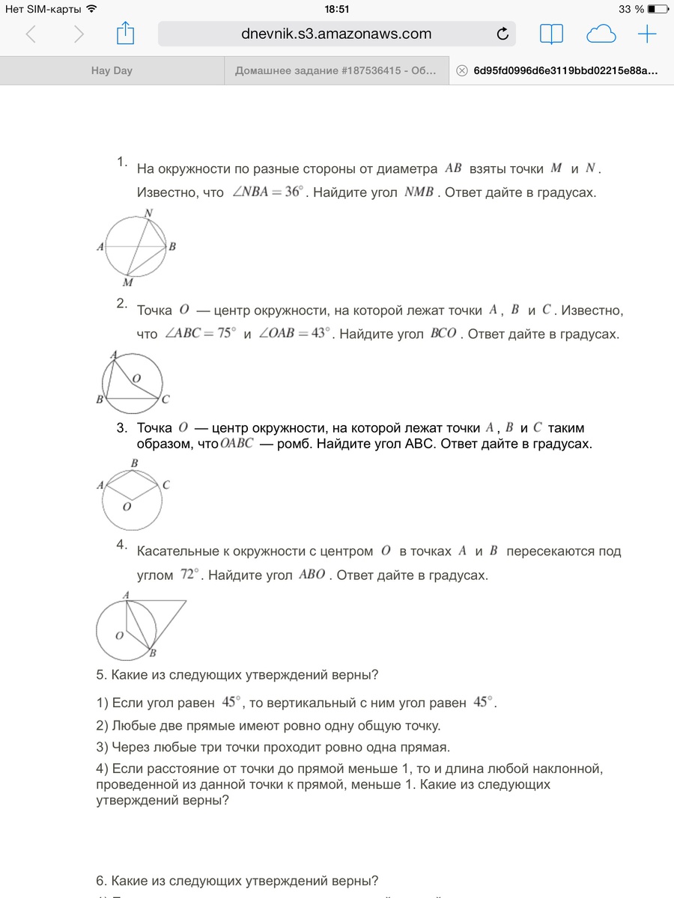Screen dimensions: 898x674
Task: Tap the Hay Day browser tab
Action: [x=112, y=71]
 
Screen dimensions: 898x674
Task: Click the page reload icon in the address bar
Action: [x=503, y=34]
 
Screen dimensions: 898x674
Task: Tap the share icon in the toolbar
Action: [x=125, y=34]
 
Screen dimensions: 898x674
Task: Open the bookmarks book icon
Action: [x=551, y=34]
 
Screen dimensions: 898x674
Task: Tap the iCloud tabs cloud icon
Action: [x=601, y=34]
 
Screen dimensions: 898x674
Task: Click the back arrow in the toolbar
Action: [x=31, y=34]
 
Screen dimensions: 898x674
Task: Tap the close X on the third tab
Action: [x=461, y=71]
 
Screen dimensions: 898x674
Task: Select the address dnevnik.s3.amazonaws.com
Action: [x=326, y=34]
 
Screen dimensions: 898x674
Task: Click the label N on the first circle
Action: [x=148, y=213]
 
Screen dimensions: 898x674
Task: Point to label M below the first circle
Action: [x=127, y=283]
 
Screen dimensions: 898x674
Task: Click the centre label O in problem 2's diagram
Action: [x=136, y=379]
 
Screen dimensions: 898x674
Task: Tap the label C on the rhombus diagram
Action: [x=166, y=485]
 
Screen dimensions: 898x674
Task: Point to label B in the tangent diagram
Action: [x=152, y=653]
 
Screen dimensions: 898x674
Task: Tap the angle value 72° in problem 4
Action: [x=189, y=575]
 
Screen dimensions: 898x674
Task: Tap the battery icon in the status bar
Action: [x=657, y=10]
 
